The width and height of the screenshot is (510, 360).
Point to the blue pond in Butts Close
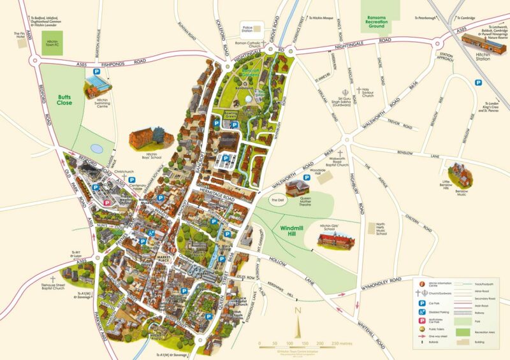tap(96, 148)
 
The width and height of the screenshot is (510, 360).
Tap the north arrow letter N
tap(297, 312)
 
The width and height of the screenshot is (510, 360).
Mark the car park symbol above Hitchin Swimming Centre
tap(96, 72)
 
